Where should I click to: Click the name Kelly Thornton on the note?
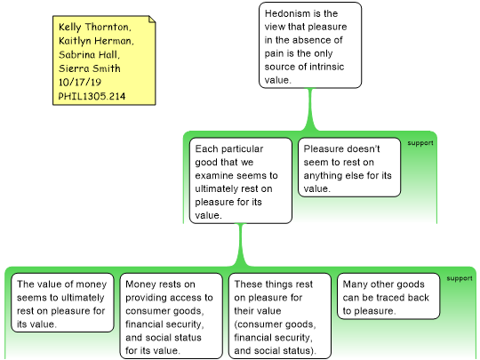(94, 27)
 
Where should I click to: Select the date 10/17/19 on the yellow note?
(80, 82)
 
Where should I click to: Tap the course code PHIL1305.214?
(92, 96)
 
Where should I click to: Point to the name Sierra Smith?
(90, 68)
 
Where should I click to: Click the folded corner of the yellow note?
(152, 19)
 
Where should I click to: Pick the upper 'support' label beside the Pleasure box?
(420, 143)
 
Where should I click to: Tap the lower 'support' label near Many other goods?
(460, 278)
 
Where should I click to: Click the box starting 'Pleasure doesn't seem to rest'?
(349, 167)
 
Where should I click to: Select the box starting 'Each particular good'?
(241, 180)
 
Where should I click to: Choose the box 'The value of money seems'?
(62, 302)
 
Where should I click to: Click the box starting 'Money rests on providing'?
(172, 316)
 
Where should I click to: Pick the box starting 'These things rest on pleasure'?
(280, 316)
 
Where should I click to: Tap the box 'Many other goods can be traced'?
(388, 296)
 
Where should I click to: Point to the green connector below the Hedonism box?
(310, 109)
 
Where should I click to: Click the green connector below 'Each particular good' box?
(241, 245)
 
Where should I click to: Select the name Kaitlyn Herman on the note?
(96, 41)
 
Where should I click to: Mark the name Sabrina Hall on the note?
(89, 54)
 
